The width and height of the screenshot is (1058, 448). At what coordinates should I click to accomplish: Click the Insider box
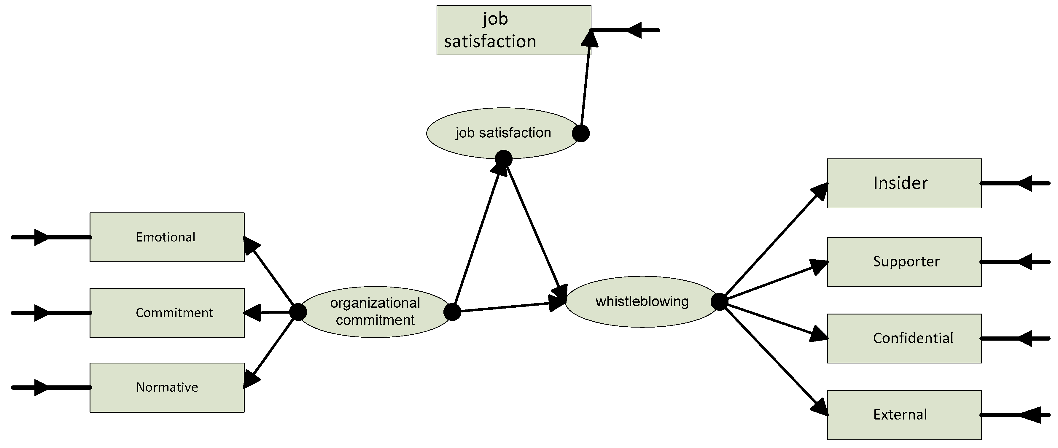(904, 183)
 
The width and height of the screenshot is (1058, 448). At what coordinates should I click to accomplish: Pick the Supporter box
(904, 262)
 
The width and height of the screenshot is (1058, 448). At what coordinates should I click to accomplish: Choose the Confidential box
(904, 338)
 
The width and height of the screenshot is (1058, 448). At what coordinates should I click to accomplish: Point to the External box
(904, 415)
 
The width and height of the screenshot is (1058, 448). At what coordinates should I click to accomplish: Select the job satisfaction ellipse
(503, 133)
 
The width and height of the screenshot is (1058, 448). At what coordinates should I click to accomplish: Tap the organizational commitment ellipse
(375, 312)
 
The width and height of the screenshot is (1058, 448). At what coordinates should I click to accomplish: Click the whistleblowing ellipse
(642, 302)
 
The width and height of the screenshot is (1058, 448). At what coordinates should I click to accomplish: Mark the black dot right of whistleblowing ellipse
(719, 302)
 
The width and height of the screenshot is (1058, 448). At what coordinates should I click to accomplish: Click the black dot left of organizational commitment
(298, 312)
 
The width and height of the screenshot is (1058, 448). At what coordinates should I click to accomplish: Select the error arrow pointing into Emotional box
(49, 237)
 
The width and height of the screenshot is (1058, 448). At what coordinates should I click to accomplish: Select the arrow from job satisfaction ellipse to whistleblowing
(534, 226)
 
